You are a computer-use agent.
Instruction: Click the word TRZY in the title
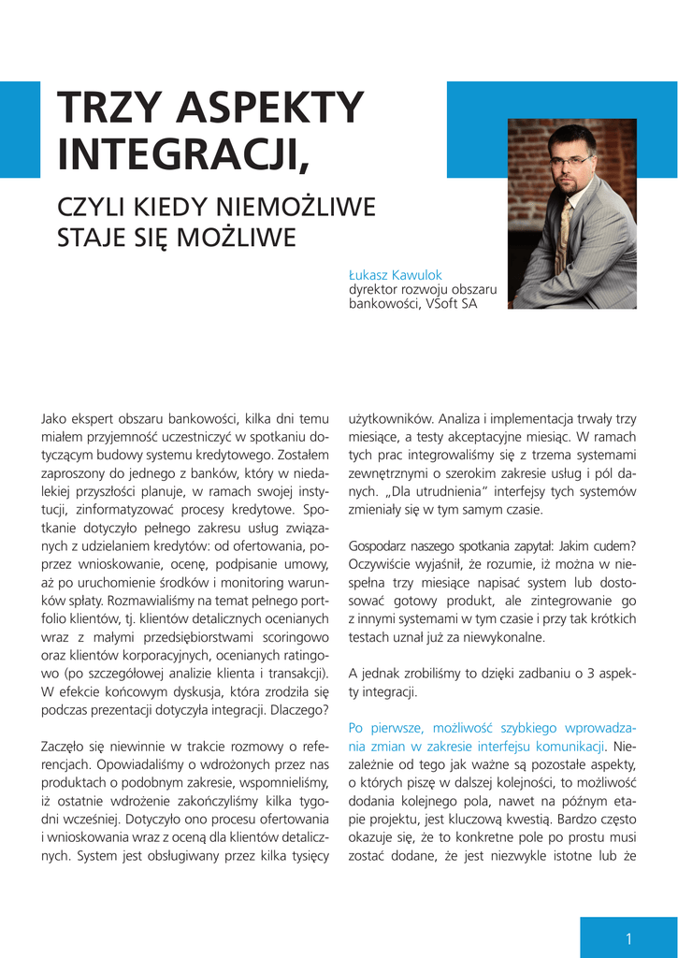[x=110, y=109]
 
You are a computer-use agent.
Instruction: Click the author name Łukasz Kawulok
[x=395, y=275]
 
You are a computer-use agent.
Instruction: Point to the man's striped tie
[x=564, y=238]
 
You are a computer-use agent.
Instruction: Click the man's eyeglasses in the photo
[x=570, y=161]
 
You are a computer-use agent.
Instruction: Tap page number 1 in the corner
[x=629, y=939]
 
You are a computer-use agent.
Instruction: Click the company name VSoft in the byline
[x=442, y=304]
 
